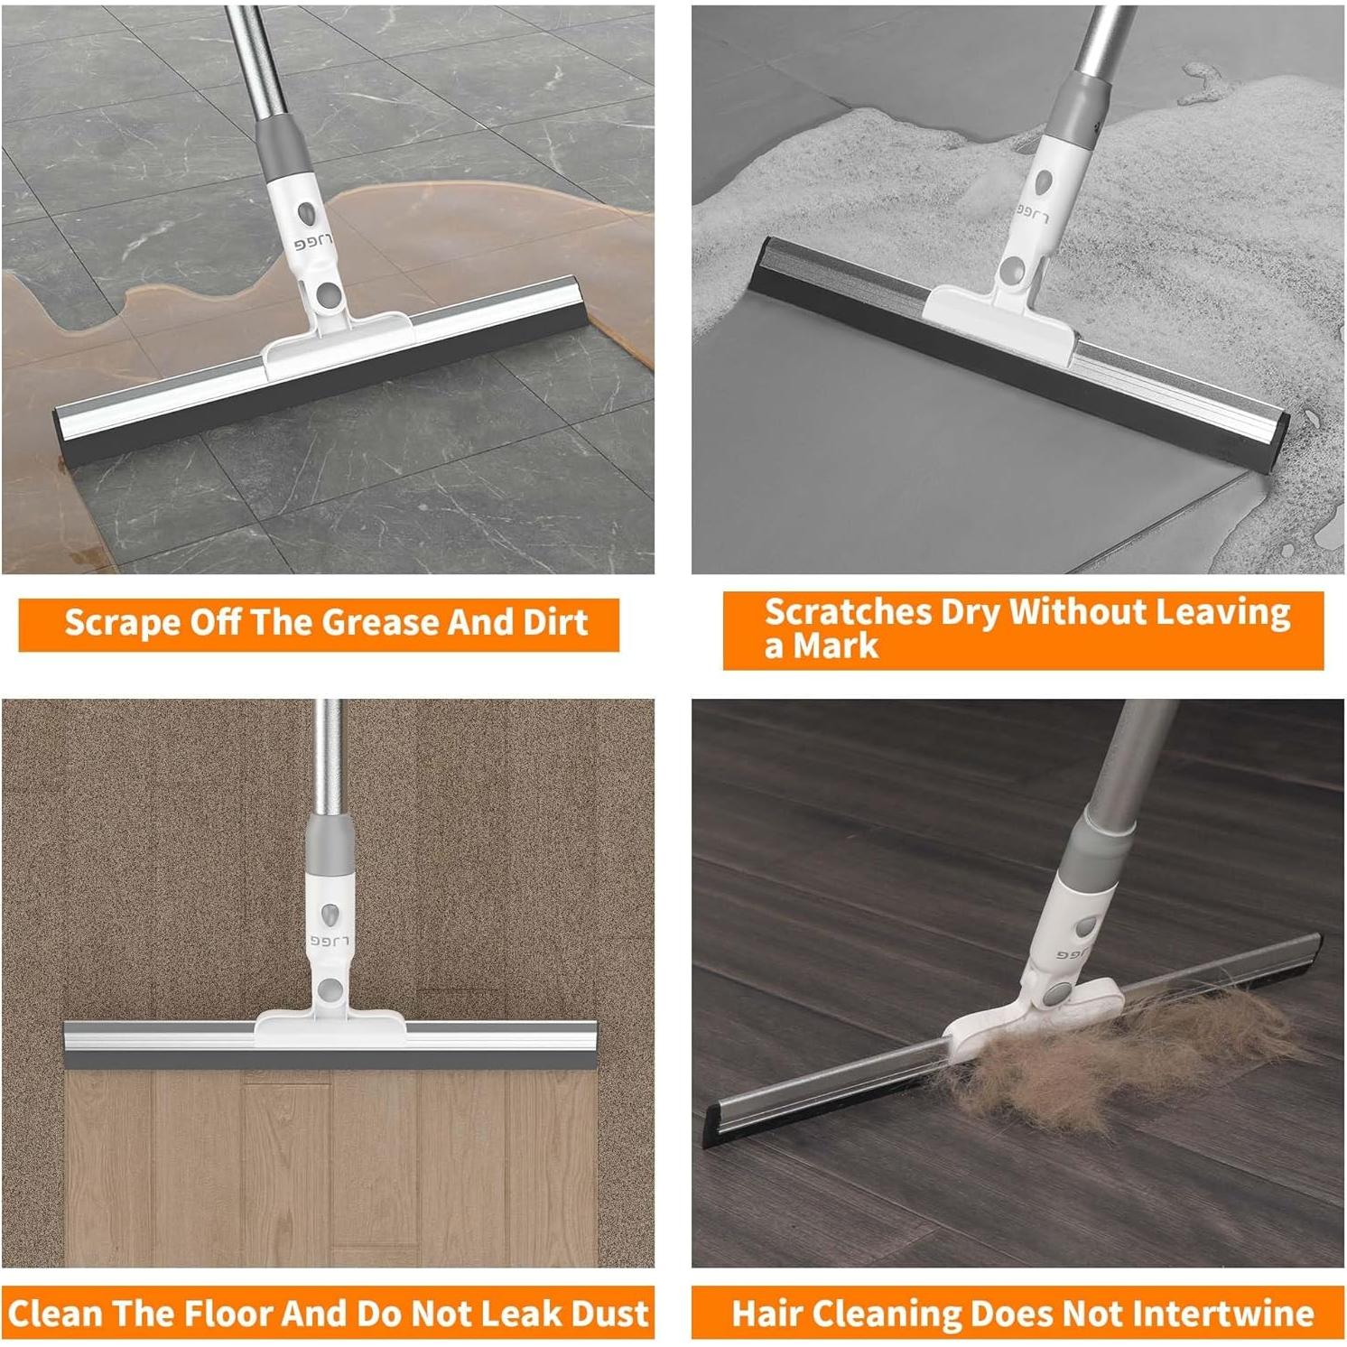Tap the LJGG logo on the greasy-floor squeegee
coord(313,244)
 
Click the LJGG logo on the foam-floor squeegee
coord(1032,213)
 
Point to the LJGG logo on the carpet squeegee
coord(329,940)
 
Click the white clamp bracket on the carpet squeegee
coord(330,1029)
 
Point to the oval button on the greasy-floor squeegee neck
coord(306,214)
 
